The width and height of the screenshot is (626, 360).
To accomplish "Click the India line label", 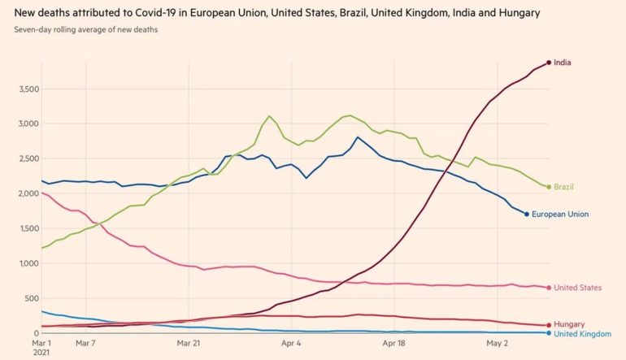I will point(562,63).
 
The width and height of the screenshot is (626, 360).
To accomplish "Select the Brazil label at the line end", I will point(563,187).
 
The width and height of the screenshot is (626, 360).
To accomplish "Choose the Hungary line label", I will point(568,324).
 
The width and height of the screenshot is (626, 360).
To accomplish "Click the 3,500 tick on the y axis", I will point(27,89).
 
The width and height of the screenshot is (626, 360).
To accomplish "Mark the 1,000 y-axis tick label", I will point(27,263).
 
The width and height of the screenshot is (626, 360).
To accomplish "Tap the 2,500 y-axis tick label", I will point(27,158).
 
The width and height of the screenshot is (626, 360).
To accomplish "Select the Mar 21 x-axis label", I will point(189,343).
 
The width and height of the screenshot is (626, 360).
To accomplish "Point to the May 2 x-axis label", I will point(498,343).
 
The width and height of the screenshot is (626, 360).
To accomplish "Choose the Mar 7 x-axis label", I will point(86,343).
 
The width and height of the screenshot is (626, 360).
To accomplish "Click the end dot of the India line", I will point(549,63).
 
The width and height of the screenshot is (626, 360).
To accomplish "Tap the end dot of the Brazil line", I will point(549,187).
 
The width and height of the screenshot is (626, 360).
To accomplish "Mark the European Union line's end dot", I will point(527,215).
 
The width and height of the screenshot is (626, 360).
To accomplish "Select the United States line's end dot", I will point(549,288).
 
